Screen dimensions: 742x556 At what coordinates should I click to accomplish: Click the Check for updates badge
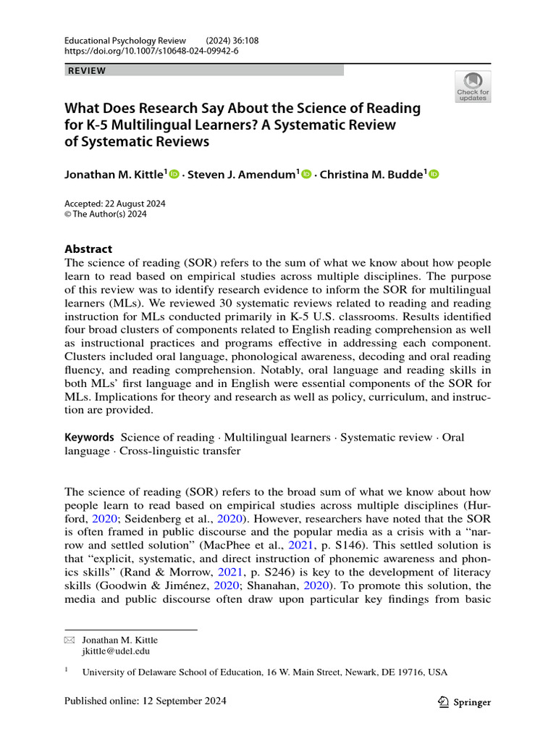[x=472, y=86]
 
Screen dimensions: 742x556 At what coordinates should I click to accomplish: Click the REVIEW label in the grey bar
[x=86, y=70]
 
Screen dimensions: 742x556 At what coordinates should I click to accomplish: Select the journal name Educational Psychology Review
[x=125, y=41]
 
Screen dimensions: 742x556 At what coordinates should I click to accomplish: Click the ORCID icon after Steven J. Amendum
[x=306, y=174]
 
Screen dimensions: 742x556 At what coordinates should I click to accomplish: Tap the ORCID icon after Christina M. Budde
[x=434, y=174]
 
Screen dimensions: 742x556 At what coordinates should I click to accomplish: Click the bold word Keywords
[x=89, y=437]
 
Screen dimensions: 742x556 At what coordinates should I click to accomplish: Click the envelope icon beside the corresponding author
[x=69, y=641]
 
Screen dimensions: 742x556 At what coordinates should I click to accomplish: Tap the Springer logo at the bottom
[x=465, y=701]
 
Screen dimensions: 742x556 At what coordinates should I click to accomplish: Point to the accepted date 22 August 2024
[x=138, y=204]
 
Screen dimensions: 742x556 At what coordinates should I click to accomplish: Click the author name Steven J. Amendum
[x=241, y=174]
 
